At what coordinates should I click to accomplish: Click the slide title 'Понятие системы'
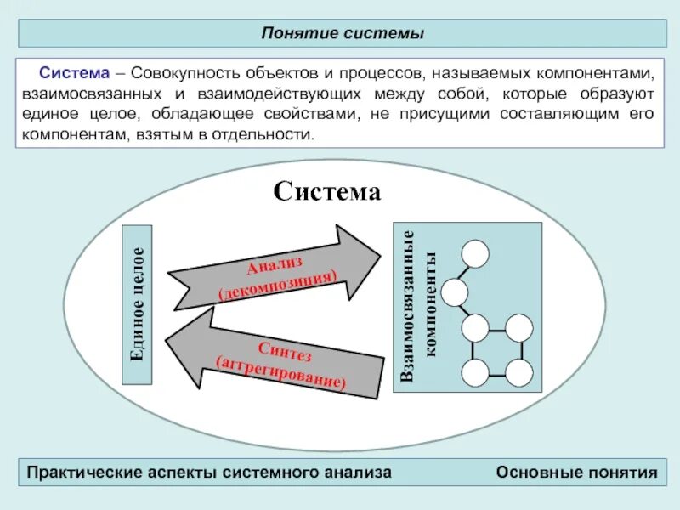click(343, 33)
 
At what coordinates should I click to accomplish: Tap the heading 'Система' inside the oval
click(326, 191)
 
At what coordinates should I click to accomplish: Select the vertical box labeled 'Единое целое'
click(138, 304)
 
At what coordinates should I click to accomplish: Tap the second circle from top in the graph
click(455, 293)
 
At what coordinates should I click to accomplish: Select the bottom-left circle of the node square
click(474, 372)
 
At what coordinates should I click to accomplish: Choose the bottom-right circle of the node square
click(518, 372)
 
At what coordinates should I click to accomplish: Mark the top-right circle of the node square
click(518, 328)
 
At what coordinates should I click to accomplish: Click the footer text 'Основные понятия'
click(577, 472)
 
